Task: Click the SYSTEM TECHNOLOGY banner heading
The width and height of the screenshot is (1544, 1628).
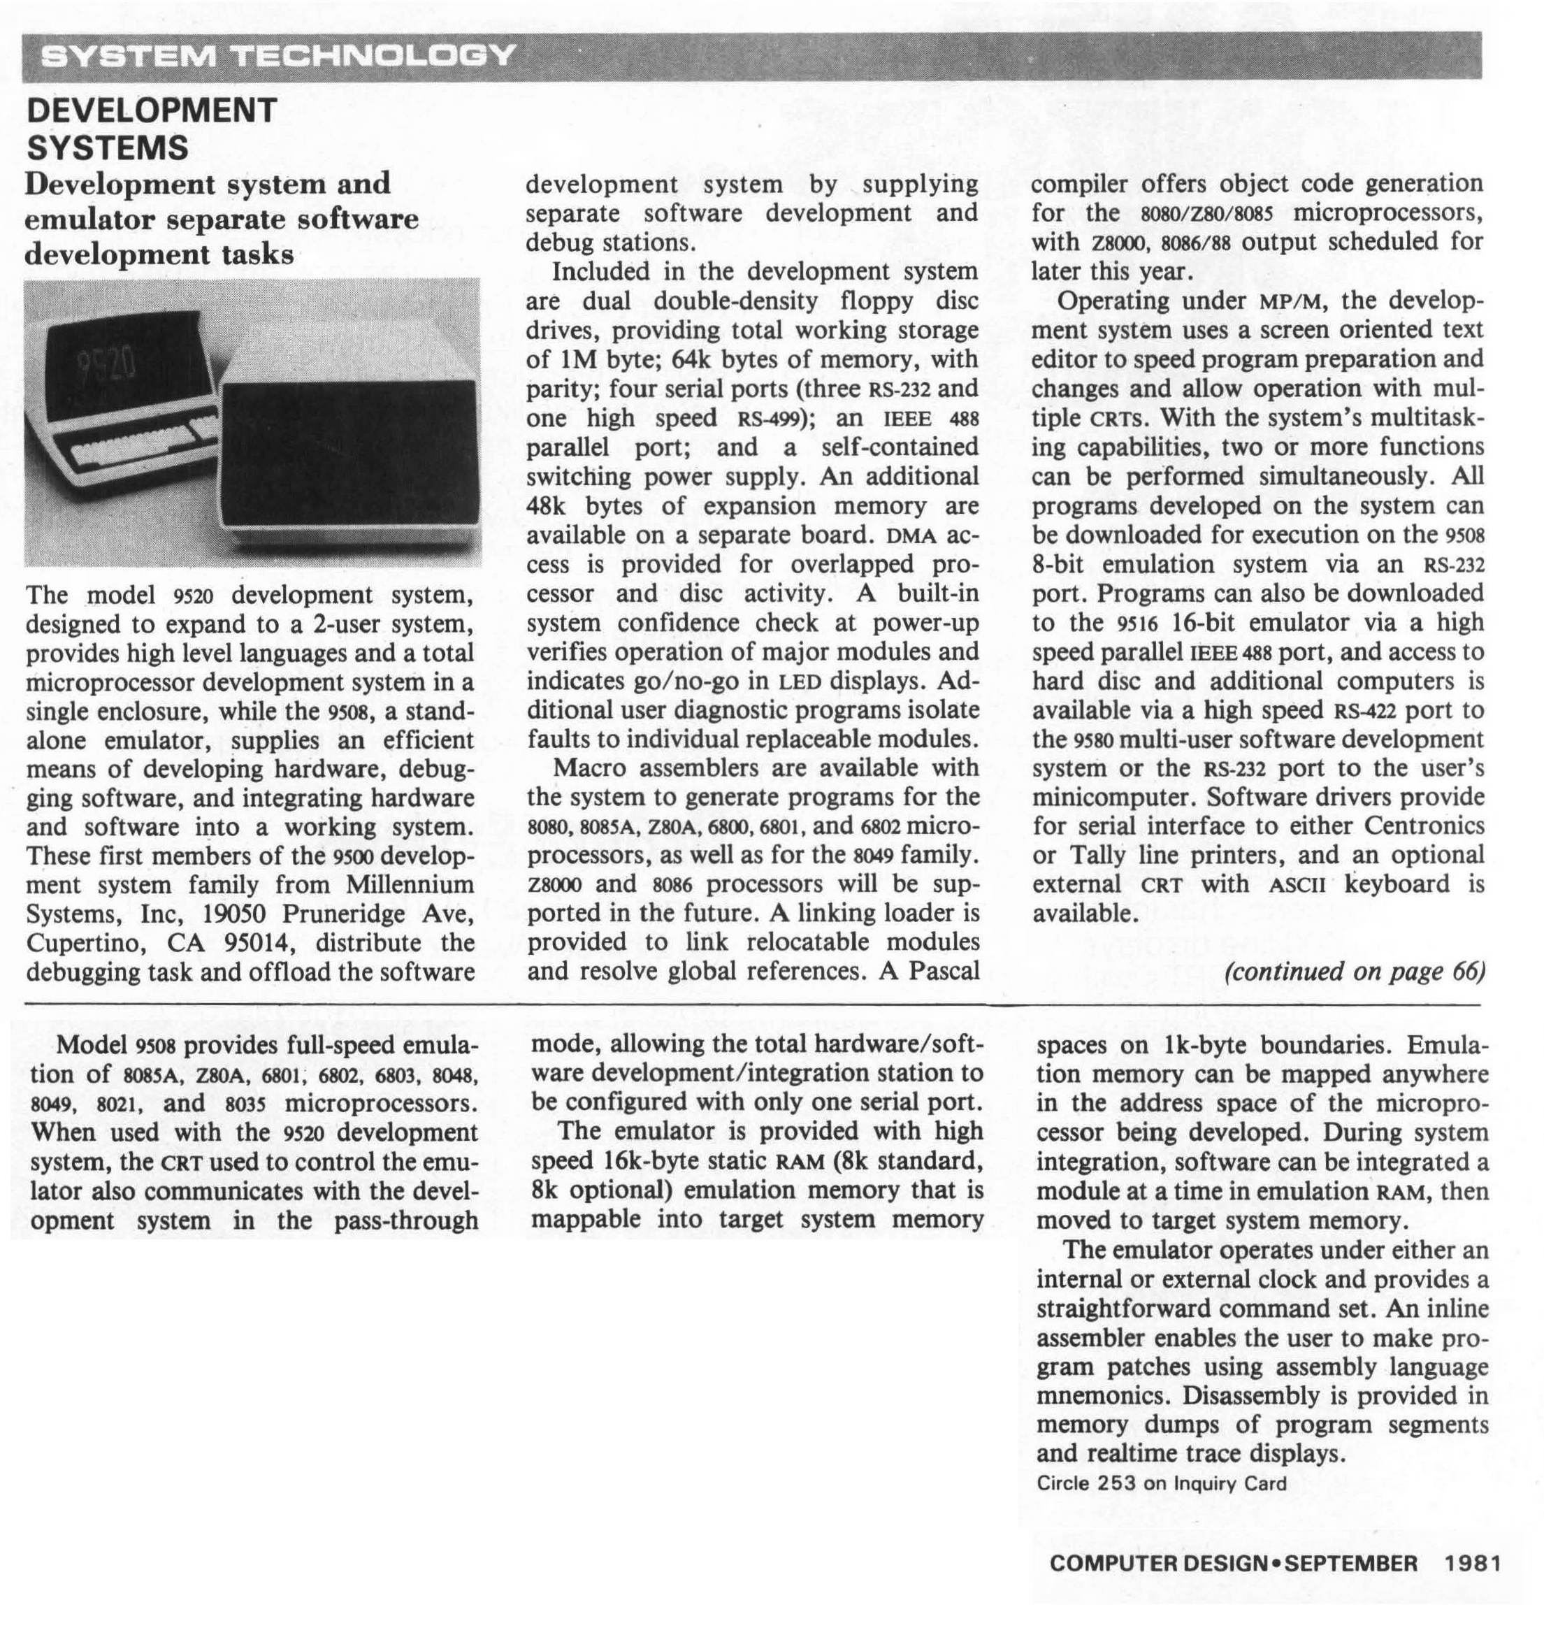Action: (278, 55)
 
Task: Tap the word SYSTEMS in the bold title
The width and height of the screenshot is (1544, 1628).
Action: (108, 148)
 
